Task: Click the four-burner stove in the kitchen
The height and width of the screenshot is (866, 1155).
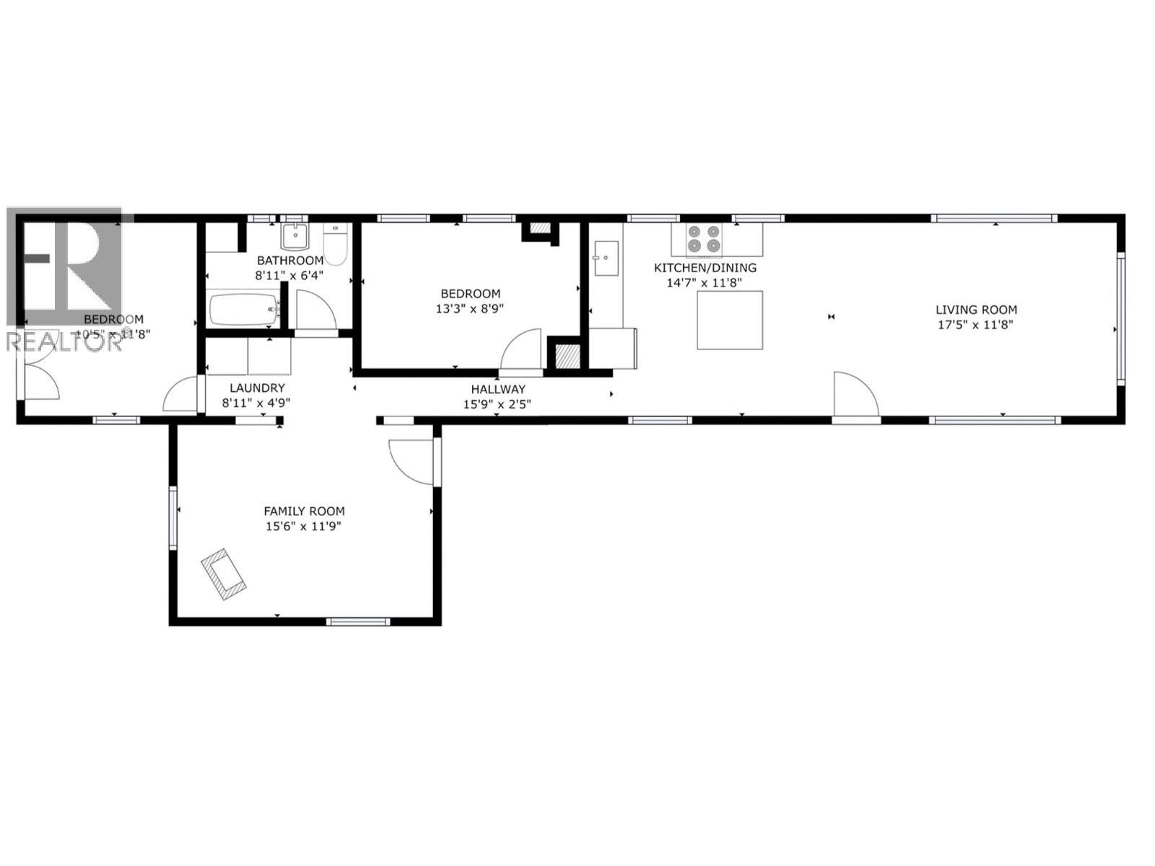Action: tap(704, 239)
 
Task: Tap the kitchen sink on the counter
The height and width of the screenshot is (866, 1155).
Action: tap(606, 258)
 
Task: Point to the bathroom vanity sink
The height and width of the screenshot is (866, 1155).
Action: tap(295, 235)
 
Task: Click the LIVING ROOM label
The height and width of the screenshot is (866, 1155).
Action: tap(976, 310)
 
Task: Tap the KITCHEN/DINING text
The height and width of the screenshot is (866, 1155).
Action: tap(705, 268)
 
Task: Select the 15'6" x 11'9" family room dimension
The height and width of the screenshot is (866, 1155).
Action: tap(302, 526)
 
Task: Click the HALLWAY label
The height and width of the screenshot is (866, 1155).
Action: tap(497, 389)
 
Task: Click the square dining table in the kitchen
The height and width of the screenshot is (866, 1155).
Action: tap(730, 320)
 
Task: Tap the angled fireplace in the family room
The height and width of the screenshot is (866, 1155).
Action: tap(224, 574)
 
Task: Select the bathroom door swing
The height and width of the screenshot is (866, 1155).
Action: tap(315, 310)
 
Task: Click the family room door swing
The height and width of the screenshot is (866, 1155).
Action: tap(411, 462)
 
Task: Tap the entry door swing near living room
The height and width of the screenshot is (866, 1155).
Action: tap(855, 394)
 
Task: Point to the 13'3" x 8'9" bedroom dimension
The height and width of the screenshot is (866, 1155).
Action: tap(471, 308)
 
